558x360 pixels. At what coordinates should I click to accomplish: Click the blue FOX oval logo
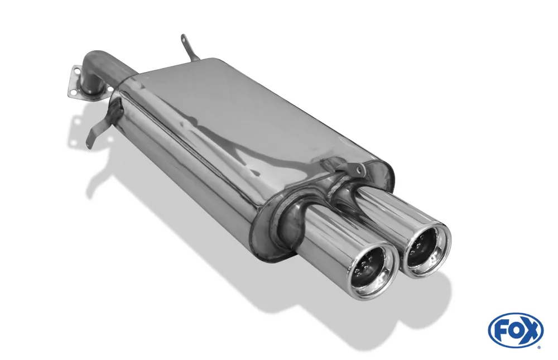pyautogui.click(x=515, y=330)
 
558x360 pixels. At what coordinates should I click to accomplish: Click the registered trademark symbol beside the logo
pyautogui.click(x=540, y=347)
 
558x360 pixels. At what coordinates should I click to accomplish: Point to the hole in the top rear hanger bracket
pyautogui.click(x=184, y=39)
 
